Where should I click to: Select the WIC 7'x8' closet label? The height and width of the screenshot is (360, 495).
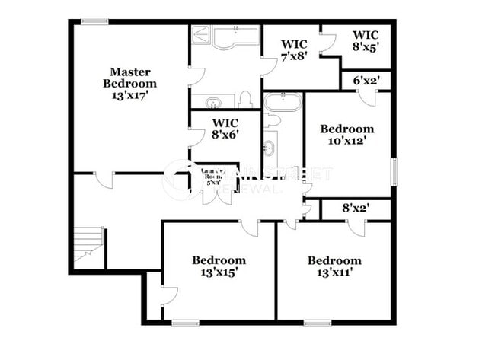tap(294, 49)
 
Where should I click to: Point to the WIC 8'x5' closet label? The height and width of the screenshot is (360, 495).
tap(365, 40)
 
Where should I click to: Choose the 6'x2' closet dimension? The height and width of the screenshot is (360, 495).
tap(364, 80)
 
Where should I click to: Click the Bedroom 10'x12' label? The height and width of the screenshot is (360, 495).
tap(346, 135)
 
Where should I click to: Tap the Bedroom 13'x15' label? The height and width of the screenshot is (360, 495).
tap(219, 266)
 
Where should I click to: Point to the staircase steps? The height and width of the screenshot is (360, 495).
tap(90, 243)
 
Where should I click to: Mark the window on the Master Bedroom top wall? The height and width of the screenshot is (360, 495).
tap(94, 21)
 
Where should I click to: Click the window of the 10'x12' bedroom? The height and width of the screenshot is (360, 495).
tap(394, 171)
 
